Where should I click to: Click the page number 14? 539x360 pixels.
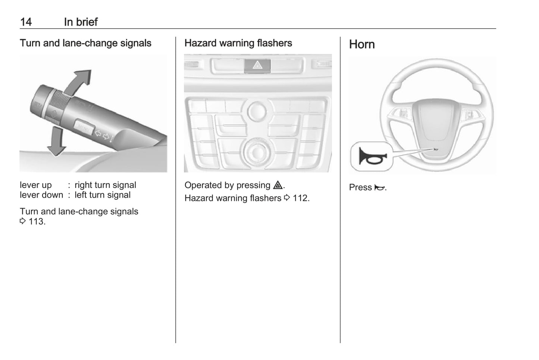click(x=26, y=22)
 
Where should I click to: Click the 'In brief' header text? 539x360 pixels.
click(x=81, y=22)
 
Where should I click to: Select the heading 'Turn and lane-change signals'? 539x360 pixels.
click(x=85, y=43)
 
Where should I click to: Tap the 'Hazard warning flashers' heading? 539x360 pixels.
click(x=238, y=43)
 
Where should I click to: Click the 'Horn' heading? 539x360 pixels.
click(x=361, y=44)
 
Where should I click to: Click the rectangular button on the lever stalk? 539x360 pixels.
click(x=84, y=127)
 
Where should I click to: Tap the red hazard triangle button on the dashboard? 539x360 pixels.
click(x=257, y=66)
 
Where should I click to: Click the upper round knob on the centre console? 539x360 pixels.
click(x=257, y=111)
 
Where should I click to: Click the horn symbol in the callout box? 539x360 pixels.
click(x=371, y=157)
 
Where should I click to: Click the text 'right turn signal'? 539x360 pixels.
click(x=105, y=185)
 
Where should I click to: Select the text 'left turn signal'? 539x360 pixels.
click(x=103, y=195)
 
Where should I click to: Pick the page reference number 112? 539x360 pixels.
click(x=301, y=198)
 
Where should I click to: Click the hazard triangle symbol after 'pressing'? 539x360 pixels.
click(x=278, y=185)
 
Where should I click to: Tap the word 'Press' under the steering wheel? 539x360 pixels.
click(x=360, y=187)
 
